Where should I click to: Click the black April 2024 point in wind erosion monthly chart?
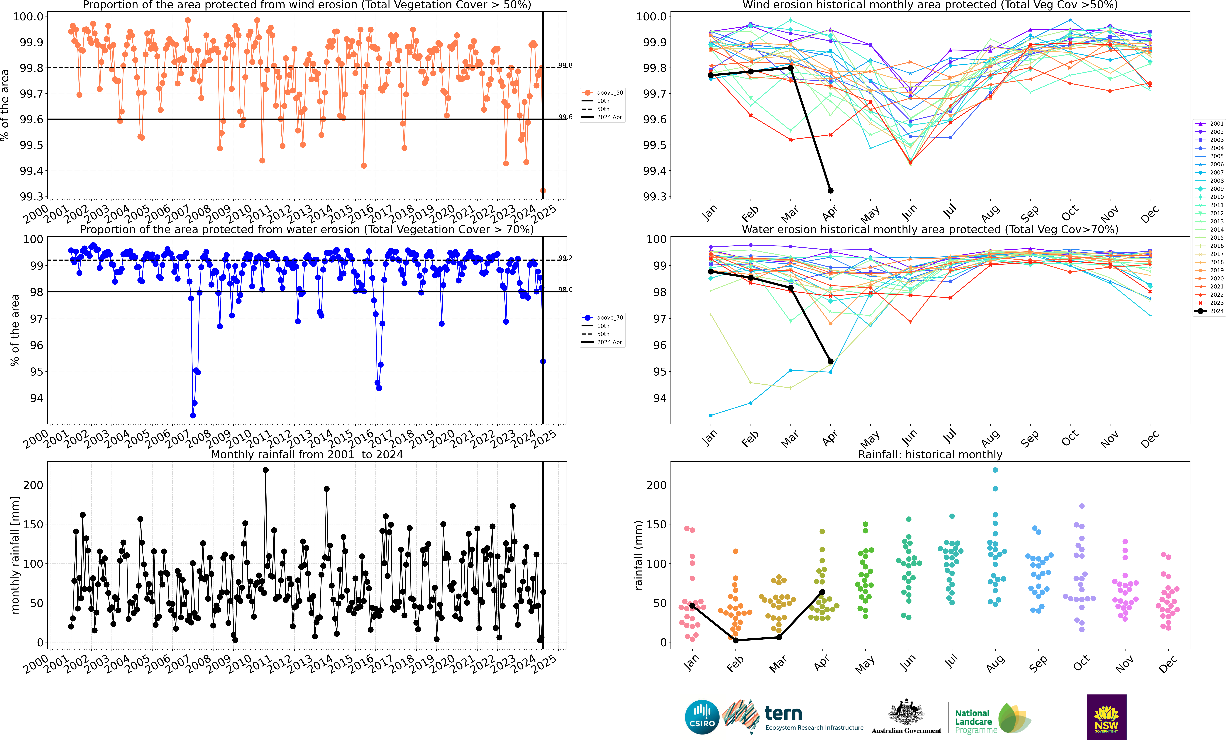coord(830,191)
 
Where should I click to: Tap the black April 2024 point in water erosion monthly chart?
coord(830,361)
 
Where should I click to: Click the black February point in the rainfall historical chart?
coord(735,641)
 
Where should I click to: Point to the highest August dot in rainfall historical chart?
coord(995,470)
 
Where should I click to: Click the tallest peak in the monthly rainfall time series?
coord(265,470)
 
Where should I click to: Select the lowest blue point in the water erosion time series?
coord(193,416)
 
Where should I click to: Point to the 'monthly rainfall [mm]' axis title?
coord(15,555)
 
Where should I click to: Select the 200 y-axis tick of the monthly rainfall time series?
coord(33,485)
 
